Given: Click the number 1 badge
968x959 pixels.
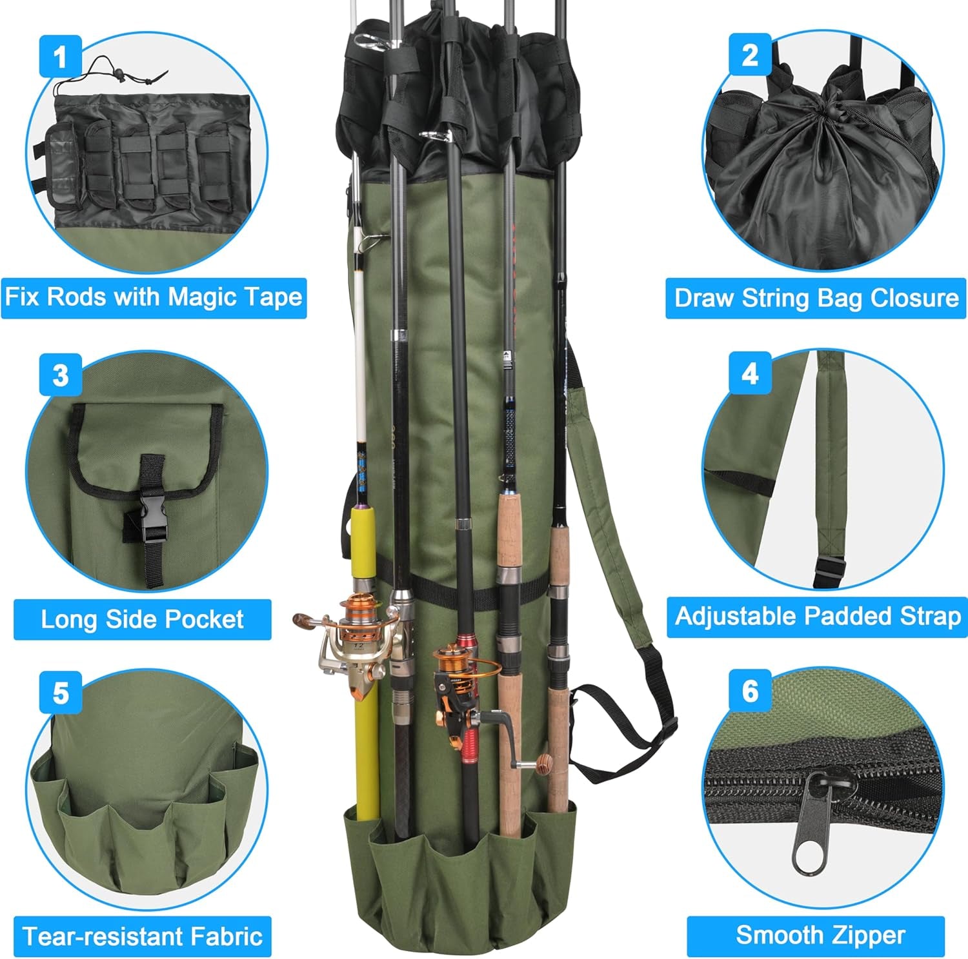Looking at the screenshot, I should [60, 56].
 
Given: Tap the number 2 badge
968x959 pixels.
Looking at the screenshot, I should [750, 55].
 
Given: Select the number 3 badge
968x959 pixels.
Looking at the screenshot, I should [60, 375].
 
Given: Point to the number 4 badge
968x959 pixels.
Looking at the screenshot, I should [750, 373].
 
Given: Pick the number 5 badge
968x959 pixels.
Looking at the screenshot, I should [60, 693].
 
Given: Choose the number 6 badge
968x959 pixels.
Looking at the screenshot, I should [750, 691].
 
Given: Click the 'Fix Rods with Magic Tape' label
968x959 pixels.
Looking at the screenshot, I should [154, 297].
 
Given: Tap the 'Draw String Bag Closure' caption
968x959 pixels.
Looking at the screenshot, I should [816, 298].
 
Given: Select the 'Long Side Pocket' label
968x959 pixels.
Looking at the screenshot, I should [142, 619].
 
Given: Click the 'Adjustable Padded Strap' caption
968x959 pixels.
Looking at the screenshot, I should [817, 617].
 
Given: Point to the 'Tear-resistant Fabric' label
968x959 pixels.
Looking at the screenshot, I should [142, 936].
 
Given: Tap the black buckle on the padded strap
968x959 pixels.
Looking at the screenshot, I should [829, 571].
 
